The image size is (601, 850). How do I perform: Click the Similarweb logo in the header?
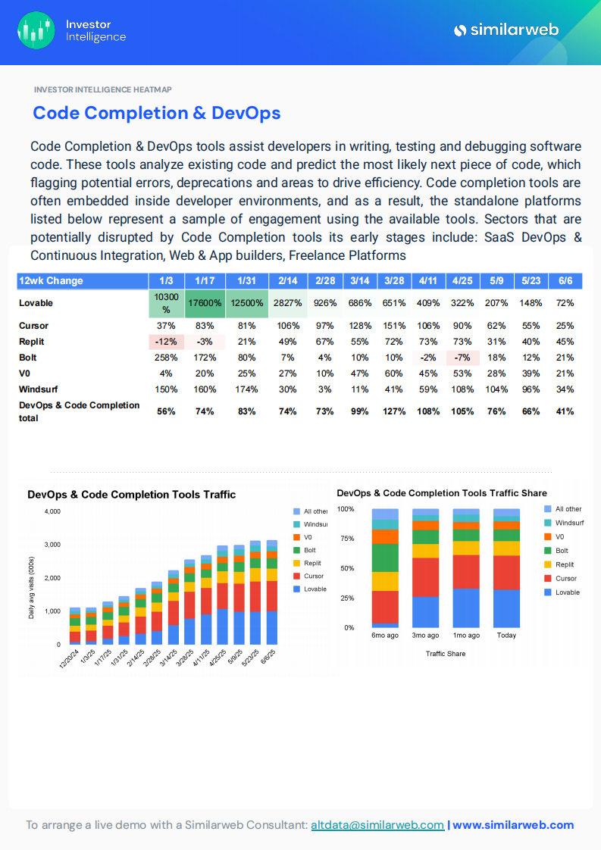(x=506, y=30)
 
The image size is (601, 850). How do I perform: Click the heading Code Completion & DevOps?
(x=156, y=113)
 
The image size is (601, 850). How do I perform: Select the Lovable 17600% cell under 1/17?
(x=204, y=303)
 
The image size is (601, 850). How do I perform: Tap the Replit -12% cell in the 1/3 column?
(x=166, y=342)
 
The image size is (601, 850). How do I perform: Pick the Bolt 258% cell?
(x=166, y=358)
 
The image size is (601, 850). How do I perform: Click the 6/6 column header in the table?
(x=564, y=280)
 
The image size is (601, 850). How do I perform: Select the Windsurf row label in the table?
(x=39, y=389)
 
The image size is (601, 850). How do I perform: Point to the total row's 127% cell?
(x=394, y=411)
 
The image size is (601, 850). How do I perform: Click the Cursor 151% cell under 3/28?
(x=394, y=326)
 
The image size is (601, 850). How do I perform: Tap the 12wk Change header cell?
(x=52, y=280)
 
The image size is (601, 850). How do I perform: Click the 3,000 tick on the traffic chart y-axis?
(x=52, y=545)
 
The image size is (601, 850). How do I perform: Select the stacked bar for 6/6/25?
(x=272, y=592)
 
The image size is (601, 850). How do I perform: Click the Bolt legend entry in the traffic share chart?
(x=562, y=551)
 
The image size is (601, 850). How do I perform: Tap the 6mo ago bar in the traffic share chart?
(x=385, y=568)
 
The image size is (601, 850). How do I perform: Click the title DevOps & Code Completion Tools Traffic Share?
(x=442, y=492)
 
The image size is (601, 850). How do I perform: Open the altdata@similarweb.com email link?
(x=377, y=825)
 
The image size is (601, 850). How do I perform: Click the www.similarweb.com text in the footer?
(x=513, y=825)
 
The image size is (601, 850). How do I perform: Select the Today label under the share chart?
(x=506, y=636)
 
